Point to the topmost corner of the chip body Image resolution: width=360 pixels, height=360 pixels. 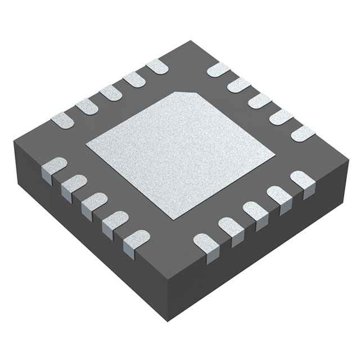pyautogui.click(x=191, y=40)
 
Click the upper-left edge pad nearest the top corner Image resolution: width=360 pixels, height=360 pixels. pyautogui.click(x=157, y=67)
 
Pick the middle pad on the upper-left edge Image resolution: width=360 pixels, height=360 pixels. pyautogui.click(x=110, y=93)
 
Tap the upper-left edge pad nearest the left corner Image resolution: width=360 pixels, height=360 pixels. pyautogui.click(x=62, y=119)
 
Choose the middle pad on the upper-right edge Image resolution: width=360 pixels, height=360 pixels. pyautogui.click(x=260, y=101)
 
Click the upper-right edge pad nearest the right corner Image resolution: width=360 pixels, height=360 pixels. pyautogui.click(x=303, y=133)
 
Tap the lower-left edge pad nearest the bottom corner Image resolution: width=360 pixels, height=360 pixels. pyautogui.click(x=136, y=240)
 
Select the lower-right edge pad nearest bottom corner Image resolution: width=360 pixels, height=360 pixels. pyautogui.click(x=206, y=243)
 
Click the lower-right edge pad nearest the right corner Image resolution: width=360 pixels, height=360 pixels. pyautogui.click(x=303, y=180)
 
